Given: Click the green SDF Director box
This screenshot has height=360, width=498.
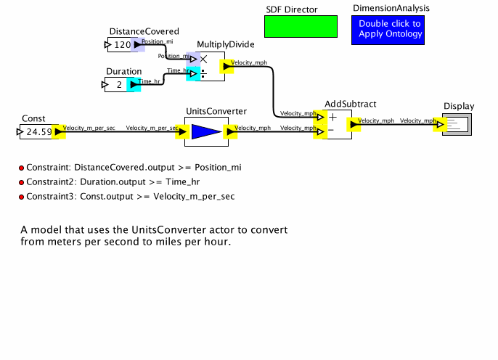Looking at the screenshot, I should coord(301,27).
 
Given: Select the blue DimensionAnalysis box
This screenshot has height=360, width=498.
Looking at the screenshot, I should coord(390,30).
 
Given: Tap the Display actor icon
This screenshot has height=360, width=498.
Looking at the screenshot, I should coord(457,125).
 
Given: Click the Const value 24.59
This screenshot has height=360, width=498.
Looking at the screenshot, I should coord(38,132).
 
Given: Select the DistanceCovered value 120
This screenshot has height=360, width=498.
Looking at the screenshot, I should coord(122,46).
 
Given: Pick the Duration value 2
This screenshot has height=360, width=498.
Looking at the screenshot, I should coord(119,85).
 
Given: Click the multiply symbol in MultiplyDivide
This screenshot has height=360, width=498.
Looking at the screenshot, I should coord(204,60).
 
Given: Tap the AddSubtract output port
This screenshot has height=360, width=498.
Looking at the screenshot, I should coord(353,125).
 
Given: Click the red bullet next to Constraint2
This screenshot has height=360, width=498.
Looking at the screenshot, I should coord(22,182).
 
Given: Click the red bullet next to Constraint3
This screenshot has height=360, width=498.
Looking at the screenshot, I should coord(22,197).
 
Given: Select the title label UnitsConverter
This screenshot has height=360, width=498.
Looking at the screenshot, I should coord(216,111).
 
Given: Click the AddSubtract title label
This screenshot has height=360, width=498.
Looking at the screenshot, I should coord(350,105).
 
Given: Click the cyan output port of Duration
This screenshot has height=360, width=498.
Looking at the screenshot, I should coord(134,85).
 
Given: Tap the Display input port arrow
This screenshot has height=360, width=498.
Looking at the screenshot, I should coord(440,125).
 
